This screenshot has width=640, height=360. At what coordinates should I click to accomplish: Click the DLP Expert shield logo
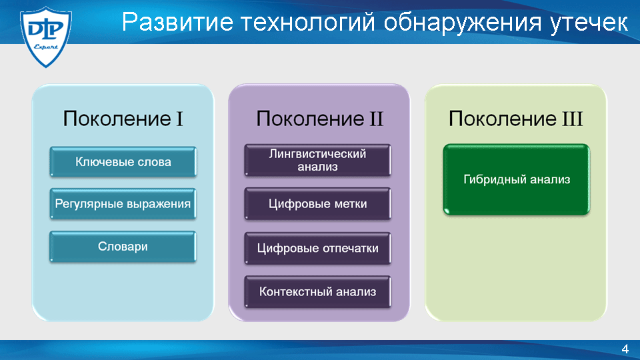coord(46,36)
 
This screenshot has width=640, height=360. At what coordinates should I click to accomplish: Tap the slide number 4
coord(625,349)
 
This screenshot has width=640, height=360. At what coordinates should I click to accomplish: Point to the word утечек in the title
coord(589,23)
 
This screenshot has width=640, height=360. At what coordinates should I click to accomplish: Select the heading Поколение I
coord(123,119)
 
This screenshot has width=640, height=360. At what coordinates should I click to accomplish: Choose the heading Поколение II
coord(319,119)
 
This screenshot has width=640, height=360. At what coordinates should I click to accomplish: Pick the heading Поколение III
coord(516,119)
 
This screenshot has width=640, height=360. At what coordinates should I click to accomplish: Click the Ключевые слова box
coord(123,162)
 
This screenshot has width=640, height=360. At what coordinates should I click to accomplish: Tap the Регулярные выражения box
coord(123,204)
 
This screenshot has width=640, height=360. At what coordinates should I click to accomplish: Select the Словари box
coord(123,247)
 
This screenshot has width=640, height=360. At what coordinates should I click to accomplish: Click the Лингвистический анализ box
coord(317,160)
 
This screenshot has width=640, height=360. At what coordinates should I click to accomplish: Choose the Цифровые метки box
coord(317,204)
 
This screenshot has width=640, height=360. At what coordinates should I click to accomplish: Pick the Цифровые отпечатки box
coord(317,248)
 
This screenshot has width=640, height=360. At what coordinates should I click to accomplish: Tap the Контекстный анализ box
coord(317,292)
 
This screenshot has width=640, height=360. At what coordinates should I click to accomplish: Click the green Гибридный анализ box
coord(516,179)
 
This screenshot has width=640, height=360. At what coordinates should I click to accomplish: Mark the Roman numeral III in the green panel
coord(572,119)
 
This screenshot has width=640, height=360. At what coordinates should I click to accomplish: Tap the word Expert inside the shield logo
coord(46,47)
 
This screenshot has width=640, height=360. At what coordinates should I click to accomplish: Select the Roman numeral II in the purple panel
coord(376,119)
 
